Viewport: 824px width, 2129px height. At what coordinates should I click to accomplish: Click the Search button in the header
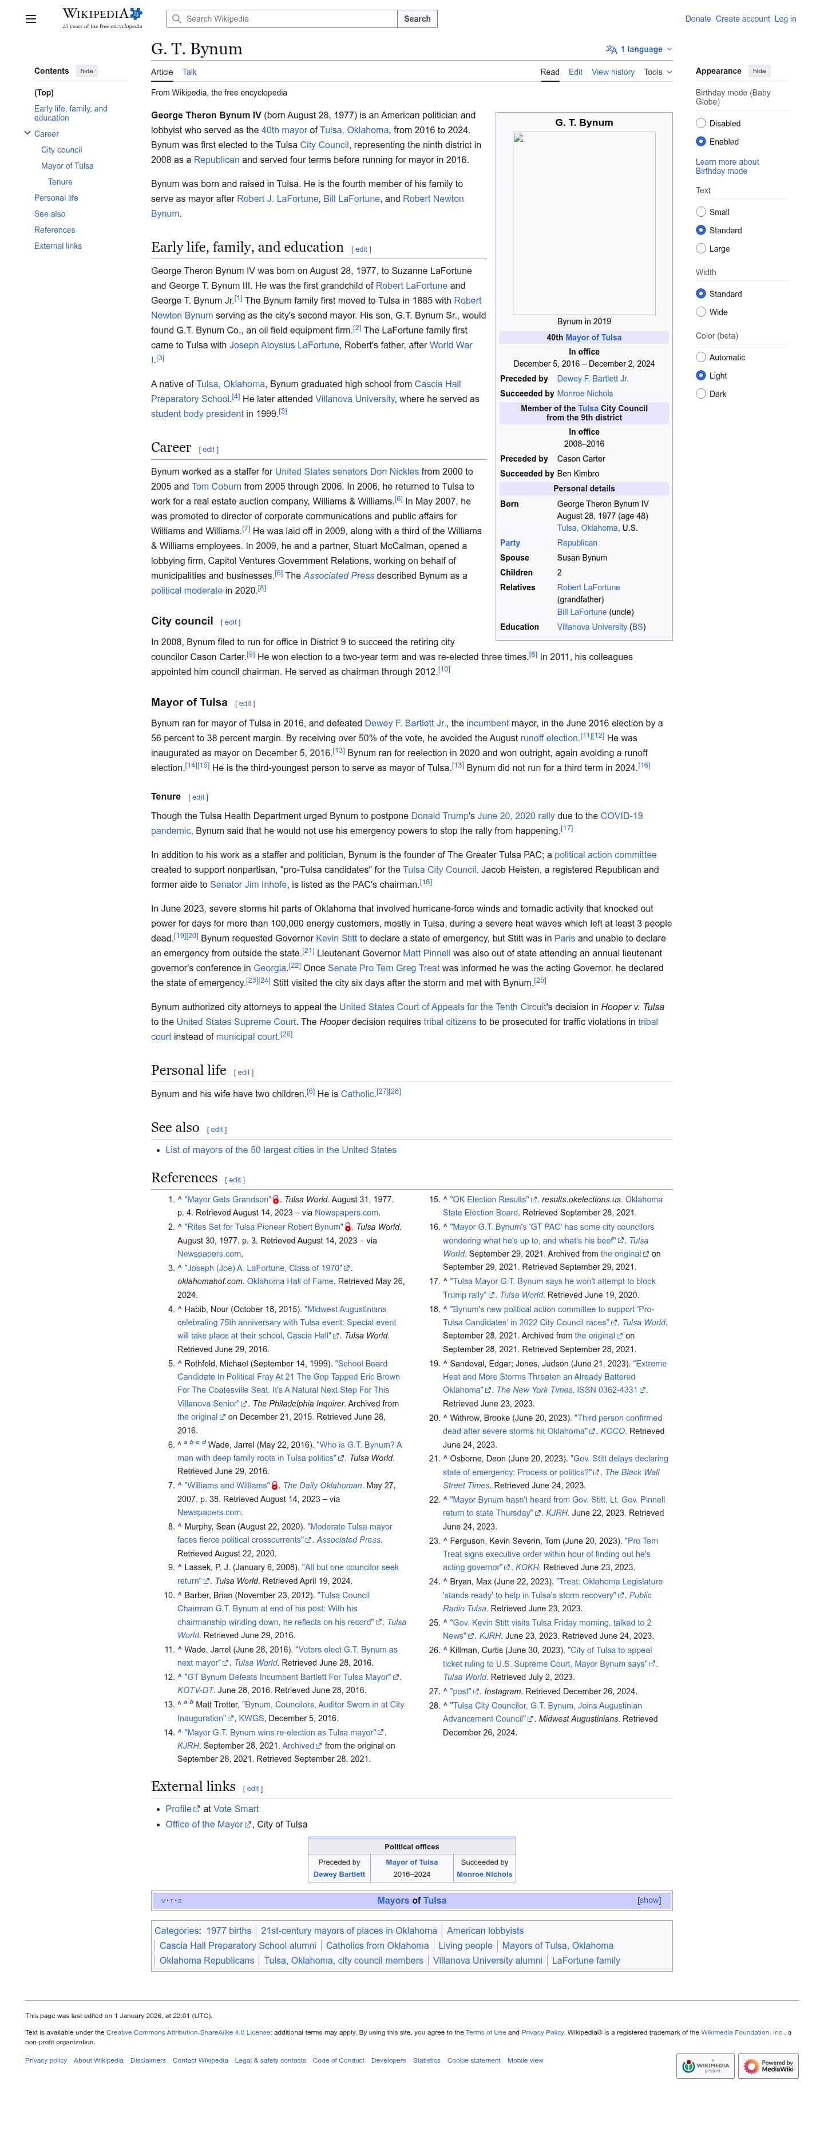point(417,19)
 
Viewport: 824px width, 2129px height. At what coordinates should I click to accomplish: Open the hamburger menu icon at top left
point(30,19)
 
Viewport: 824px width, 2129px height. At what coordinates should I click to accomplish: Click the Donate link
point(697,19)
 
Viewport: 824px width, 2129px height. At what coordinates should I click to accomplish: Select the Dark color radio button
point(701,394)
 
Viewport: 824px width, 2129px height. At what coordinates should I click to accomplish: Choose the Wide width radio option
point(701,312)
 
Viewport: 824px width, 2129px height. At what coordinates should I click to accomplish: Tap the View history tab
point(612,73)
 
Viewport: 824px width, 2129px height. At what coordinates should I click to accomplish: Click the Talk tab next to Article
point(189,73)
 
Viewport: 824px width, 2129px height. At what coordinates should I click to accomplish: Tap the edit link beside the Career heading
point(209,450)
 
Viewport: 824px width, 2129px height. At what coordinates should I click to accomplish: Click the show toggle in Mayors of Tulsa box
point(649,1901)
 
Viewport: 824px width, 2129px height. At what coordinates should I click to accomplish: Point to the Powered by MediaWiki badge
point(768,2066)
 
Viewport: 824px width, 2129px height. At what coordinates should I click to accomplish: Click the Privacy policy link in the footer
point(45,2060)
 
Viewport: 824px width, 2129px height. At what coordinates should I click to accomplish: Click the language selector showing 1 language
point(639,50)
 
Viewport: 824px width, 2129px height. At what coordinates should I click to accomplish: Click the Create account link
point(742,19)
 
